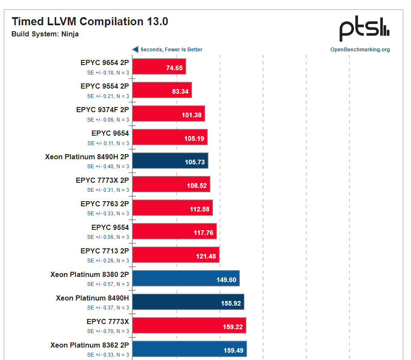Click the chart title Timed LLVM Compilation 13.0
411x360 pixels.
(90, 21)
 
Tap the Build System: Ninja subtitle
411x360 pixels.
(45, 34)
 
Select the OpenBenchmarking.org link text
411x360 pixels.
(360, 50)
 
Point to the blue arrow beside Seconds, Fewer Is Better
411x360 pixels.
(135, 49)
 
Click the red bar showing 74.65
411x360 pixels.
(159, 67)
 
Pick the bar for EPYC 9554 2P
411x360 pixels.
(162, 90)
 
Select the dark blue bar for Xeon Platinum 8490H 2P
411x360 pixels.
(170, 161)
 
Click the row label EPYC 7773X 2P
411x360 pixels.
(102, 180)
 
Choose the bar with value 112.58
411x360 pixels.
(172, 208)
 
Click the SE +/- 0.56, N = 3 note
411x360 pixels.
(108, 237)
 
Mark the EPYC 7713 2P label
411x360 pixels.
(105, 251)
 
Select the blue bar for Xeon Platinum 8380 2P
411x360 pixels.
(186, 279)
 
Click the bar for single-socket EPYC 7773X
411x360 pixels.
(189, 326)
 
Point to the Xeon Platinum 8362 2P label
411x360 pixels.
(89, 345)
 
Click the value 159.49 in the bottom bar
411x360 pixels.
(234, 350)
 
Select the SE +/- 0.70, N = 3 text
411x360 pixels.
(108, 331)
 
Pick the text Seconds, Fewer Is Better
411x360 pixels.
(171, 50)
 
